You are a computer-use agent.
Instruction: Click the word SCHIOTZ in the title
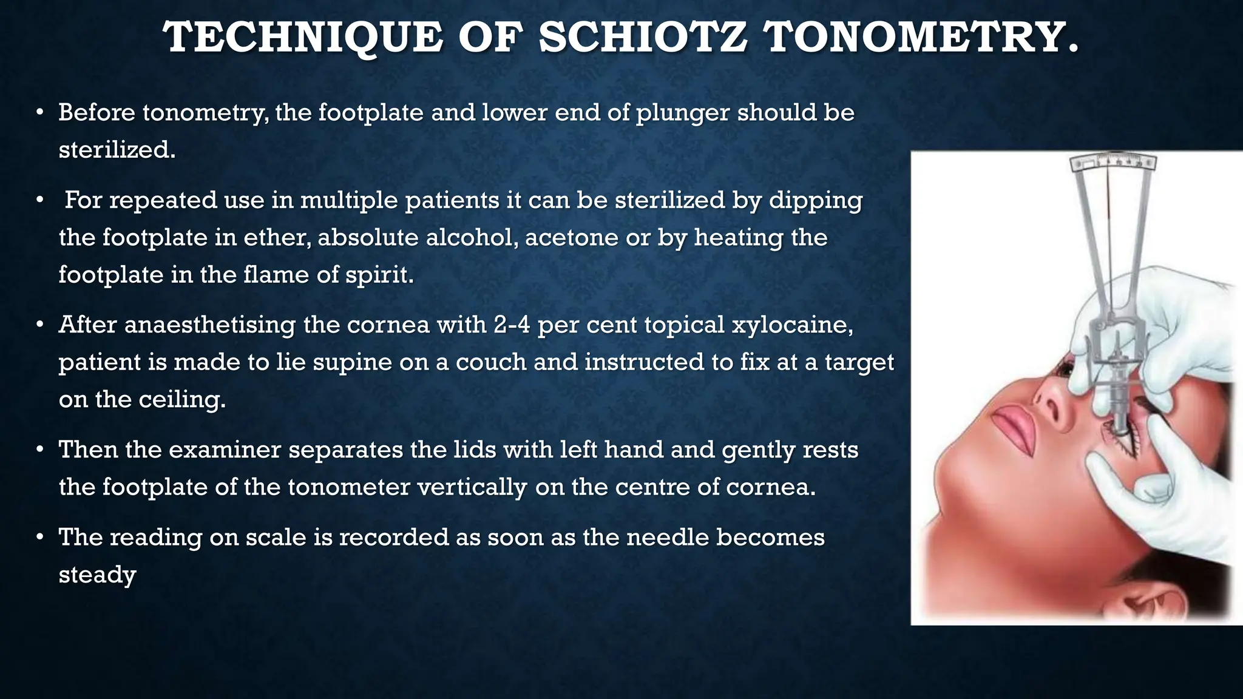click(x=643, y=38)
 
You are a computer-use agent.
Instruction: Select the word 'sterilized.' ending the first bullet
click(x=117, y=150)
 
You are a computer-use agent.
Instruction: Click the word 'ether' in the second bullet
click(x=277, y=237)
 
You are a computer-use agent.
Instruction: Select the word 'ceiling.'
click(x=182, y=400)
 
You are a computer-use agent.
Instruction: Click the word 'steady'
click(x=97, y=575)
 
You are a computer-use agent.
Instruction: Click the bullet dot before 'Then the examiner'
click(x=39, y=450)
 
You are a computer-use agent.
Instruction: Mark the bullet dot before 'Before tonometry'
click(x=39, y=113)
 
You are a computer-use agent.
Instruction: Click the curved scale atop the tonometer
click(x=1113, y=162)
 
